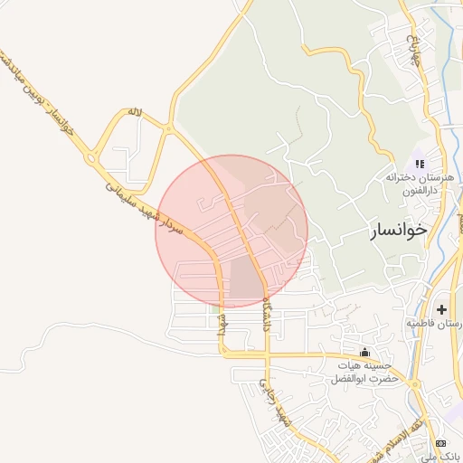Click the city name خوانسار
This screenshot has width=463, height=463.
click(398, 231)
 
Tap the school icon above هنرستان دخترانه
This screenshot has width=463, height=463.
click(419, 164)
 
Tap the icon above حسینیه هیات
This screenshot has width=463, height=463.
click(364, 352)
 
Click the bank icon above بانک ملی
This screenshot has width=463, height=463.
click(441, 442)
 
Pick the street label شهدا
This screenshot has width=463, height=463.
click(220, 328)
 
